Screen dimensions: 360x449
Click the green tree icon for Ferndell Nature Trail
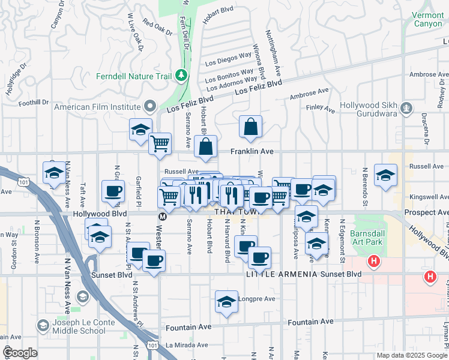(181, 76)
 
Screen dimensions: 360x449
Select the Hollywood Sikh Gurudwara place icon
(407, 109)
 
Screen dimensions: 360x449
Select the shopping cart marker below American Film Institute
(160, 144)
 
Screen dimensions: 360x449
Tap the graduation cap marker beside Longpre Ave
(226, 302)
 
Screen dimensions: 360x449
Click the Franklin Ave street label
(252, 152)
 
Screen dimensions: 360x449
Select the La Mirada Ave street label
(186, 345)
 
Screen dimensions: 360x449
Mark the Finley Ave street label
(320, 109)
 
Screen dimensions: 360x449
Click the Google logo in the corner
(20, 353)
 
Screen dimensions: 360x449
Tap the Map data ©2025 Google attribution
(411, 355)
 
